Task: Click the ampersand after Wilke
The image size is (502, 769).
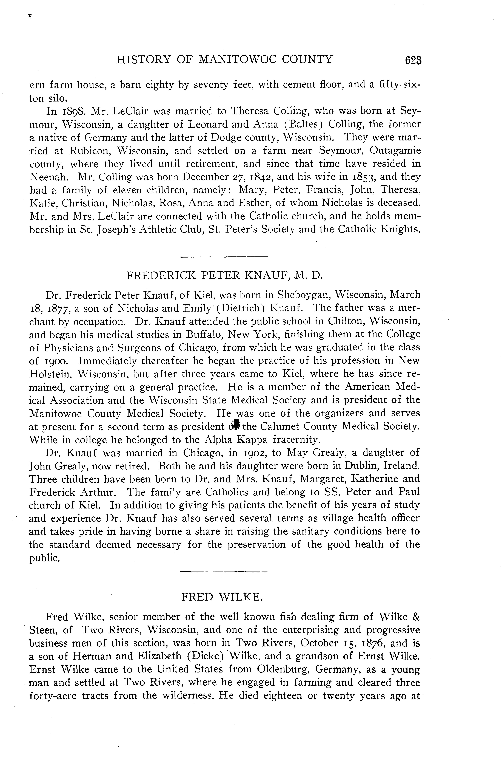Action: (416, 617)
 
